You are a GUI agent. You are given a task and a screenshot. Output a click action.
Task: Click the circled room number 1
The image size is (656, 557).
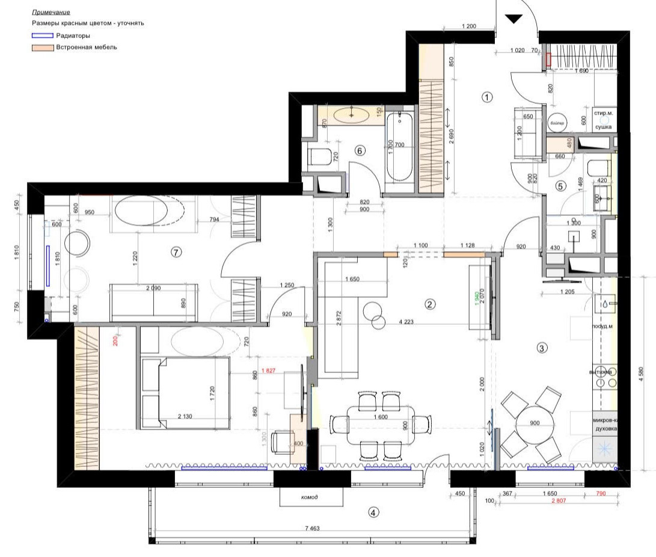(487, 96)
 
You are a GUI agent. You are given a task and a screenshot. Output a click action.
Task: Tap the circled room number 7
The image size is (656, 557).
(176, 253)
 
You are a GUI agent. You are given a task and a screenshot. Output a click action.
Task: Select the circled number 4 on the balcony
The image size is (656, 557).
(373, 512)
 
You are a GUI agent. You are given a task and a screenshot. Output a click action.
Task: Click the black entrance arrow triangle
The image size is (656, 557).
(513, 19)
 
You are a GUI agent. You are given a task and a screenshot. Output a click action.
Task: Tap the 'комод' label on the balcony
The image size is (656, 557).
(310, 497)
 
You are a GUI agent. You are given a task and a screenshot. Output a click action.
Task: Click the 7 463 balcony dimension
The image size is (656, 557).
(313, 528)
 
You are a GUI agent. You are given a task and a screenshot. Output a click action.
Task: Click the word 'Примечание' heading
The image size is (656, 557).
(51, 12)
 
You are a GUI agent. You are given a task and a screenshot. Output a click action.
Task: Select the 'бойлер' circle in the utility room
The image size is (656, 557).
(557, 123)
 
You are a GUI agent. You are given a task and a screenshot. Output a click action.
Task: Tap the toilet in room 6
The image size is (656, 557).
(318, 158)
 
